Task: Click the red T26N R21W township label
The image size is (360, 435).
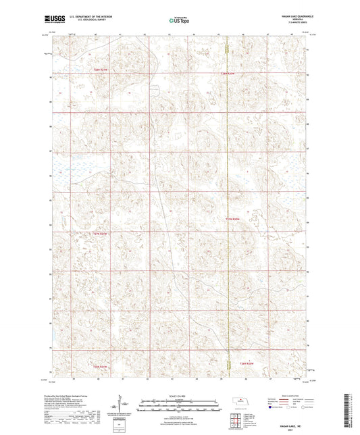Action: [100, 367]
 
